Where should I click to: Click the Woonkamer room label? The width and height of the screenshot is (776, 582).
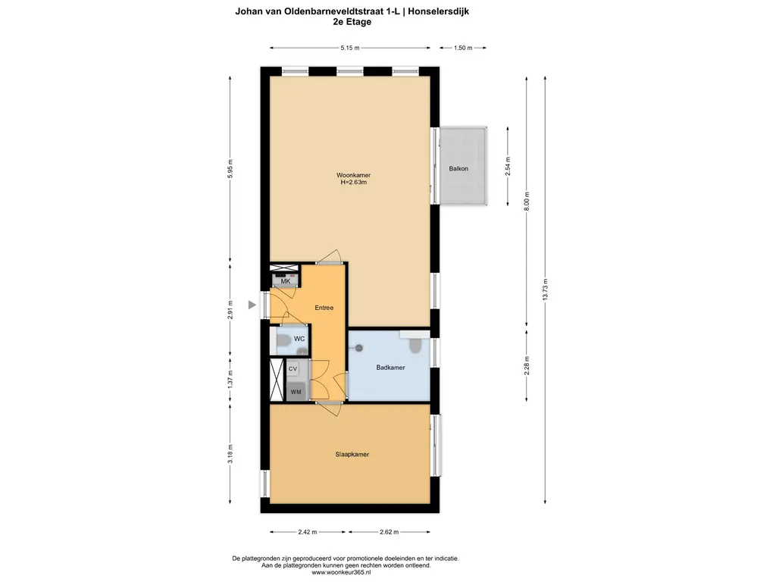tap(353, 175)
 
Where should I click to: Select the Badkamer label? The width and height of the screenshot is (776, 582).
tap(390, 368)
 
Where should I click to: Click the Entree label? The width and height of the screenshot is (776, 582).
tap(324, 308)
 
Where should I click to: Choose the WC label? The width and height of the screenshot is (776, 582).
tap(299, 339)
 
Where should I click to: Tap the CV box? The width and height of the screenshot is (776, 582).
tap(293, 368)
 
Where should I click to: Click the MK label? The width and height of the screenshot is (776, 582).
tap(286, 281)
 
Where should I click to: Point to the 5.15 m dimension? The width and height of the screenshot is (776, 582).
tap(349, 48)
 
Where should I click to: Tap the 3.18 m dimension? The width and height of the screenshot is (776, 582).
tap(231, 454)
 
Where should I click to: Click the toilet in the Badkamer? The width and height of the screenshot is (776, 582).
tap(414, 346)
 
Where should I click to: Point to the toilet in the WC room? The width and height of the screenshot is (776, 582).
tap(281, 342)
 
